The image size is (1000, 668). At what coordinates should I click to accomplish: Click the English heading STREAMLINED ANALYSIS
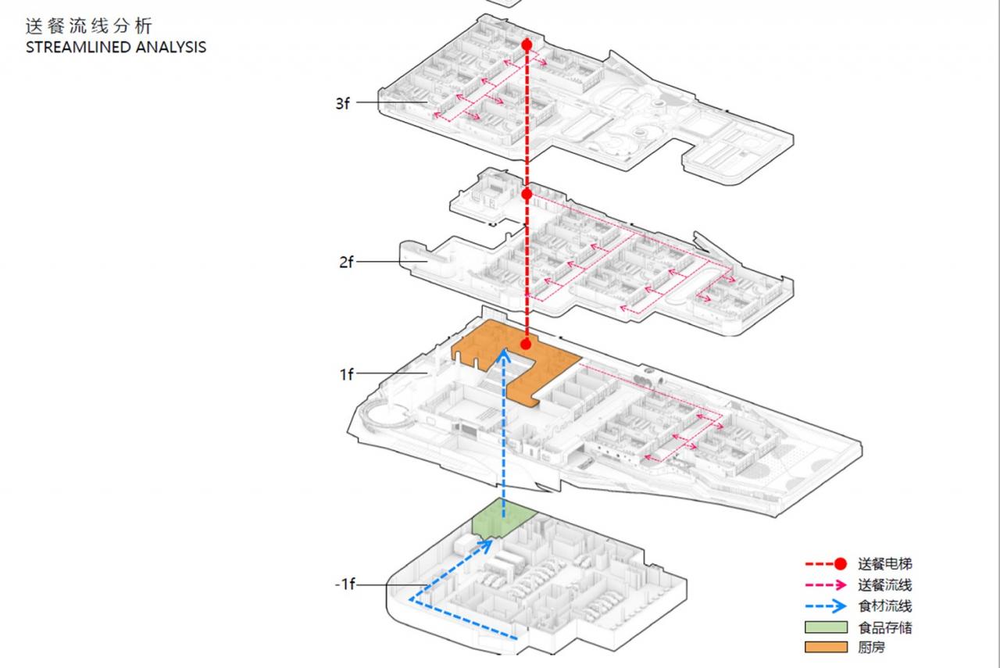[116, 47]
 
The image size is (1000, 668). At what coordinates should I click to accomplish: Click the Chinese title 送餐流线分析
[87, 26]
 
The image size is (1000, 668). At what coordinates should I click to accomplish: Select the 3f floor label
[342, 103]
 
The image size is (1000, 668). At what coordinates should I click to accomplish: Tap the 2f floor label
[346, 263]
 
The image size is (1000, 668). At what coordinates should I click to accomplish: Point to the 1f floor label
[346, 375]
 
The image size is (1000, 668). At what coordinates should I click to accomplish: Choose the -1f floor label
[344, 584]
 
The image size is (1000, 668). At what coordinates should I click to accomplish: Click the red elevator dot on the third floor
[527, 45]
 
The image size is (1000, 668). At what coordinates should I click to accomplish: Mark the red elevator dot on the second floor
[527, 194]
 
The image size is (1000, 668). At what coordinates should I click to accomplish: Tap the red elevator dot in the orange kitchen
[527, 344]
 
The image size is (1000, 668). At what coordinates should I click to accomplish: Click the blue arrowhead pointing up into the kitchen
[505, 356]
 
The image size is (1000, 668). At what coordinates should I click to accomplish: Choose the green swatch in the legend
[827, 627]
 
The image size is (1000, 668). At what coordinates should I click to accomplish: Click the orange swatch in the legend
[827, 647]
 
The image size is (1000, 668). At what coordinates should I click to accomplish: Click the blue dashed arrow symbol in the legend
[827, 605]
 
